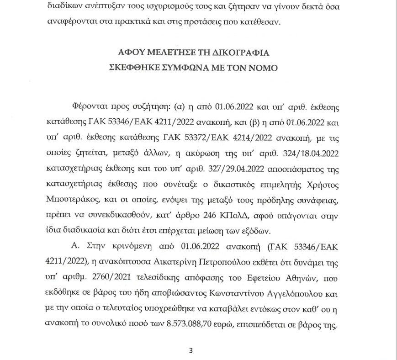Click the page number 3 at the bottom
pyautogui.click(x=191, y=351)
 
